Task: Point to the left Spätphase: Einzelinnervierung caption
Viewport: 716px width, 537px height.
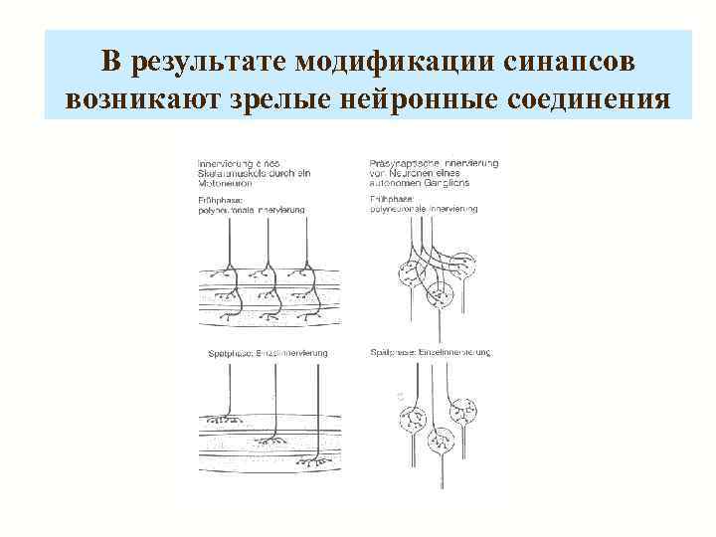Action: coord(263,354)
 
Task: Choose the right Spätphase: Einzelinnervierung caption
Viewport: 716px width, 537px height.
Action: coord(430,353)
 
